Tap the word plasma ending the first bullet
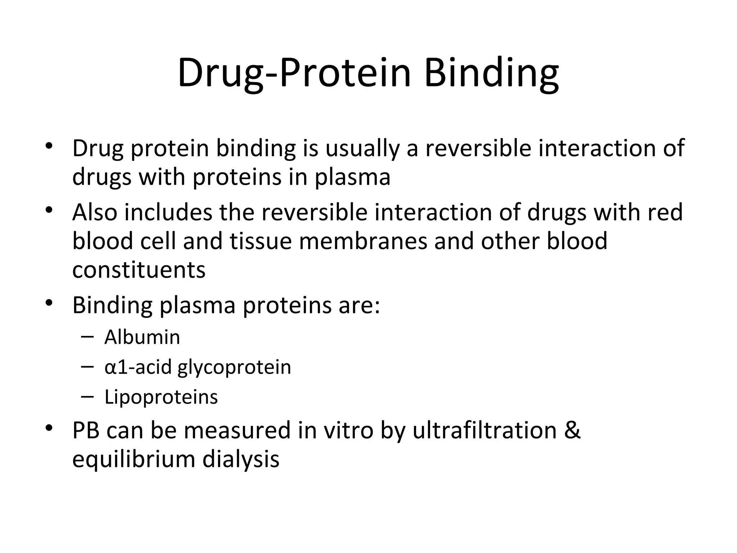point(353,177)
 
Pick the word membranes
point(363,241)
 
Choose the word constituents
point(139,270)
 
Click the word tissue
point(261,241)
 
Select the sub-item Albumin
point(142,337)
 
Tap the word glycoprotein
point(234,368)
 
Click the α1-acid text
point(138,367)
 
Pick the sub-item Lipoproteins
point(161,397)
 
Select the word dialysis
point(241,460)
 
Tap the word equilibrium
point(134,460)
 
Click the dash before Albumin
point(87,337)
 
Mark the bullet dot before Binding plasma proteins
point(49,302)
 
